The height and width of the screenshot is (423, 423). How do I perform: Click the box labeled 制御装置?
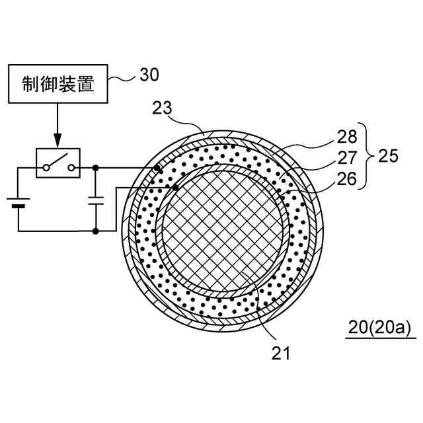(x=58, y=85)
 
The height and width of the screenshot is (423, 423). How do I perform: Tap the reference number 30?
(x=149, y=75)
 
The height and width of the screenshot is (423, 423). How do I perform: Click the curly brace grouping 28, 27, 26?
(x=367, y=157)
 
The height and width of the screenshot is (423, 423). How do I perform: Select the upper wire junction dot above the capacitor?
(x=96, y=168)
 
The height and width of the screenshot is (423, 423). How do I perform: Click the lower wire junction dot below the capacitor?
(x=96, y=231)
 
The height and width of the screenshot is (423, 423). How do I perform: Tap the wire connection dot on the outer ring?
(x=157, y=168)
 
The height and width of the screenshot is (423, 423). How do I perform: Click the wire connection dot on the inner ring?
(x=176, y=188)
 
